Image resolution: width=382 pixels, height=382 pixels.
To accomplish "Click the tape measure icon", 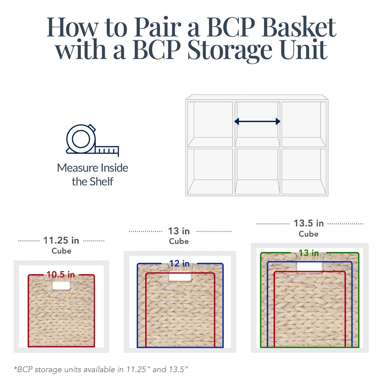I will (91, 140).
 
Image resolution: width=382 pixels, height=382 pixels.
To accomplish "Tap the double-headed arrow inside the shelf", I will (257, 121).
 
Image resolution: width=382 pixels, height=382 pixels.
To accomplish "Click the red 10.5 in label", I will (61, 275).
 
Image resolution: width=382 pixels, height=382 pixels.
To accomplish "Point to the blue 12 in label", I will (179, 264).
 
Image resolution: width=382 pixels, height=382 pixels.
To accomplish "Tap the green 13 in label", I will (309, 253).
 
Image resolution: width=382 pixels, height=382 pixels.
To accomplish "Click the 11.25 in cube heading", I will (61, 240).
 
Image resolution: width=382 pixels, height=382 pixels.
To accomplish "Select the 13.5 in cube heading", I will (309, 223).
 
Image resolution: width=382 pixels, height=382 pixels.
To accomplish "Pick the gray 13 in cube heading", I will (179, 231).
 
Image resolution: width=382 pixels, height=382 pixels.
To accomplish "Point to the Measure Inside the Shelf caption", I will (93, 175).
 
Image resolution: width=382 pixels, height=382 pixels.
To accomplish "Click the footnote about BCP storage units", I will (101, 370).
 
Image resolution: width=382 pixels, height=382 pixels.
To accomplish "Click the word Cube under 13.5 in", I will (309, 234).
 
